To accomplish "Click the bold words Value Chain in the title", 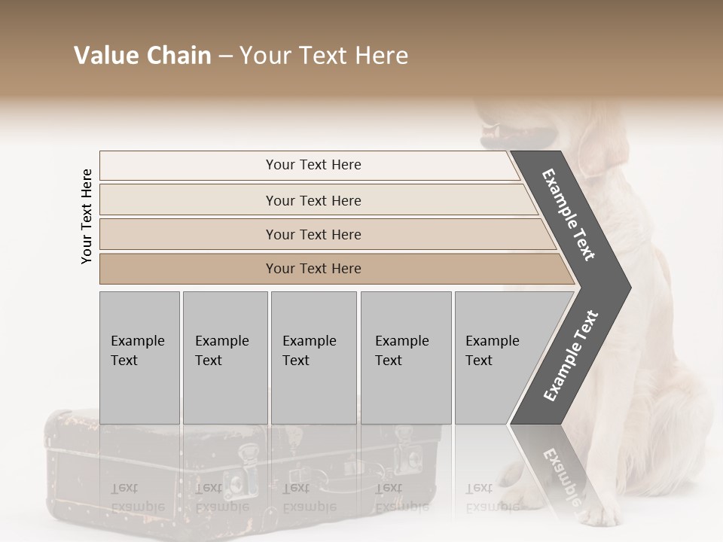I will click(142, 56).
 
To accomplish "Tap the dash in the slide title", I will click(225, 56).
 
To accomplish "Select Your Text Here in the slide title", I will click(324, 56).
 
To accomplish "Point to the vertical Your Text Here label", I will click(87, 216).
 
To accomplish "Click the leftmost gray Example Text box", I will click(139, 358).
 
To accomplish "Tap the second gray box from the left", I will click(224, 358).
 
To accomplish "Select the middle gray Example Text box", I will click(313, 358).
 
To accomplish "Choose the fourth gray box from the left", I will click(405, 358).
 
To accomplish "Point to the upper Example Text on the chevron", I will click(569, 215).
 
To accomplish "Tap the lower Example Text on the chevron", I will click(571, 355).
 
